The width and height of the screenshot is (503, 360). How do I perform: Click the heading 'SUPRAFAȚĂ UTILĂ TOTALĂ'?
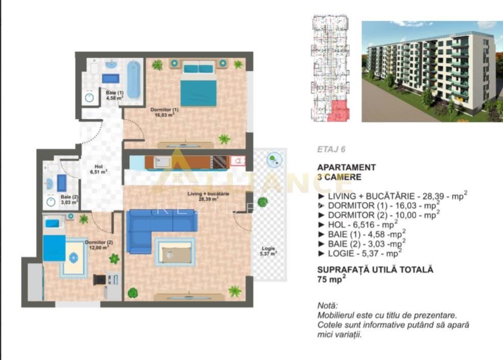click(x=375, y=270)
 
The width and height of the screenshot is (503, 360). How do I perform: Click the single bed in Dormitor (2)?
click(x=55, y=247)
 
